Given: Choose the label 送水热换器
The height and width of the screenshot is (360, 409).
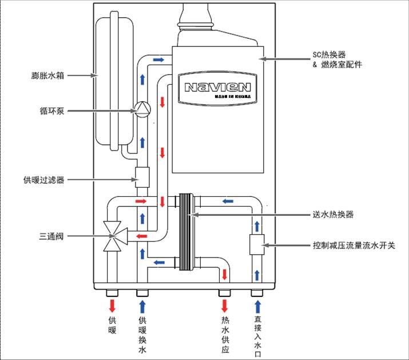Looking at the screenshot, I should pos(333,215).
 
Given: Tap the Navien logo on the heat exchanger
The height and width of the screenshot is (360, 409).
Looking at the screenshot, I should pos(217,88).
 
